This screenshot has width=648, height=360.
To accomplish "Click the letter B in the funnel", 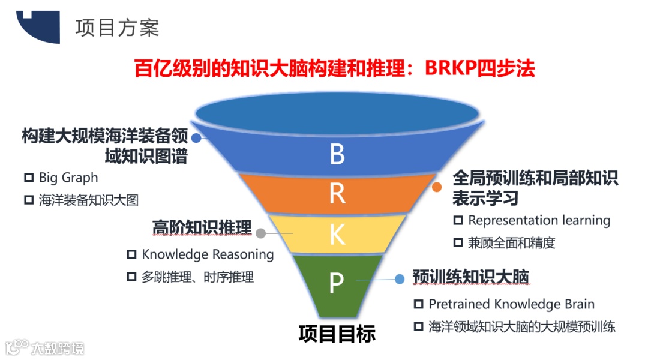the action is click(337, 154).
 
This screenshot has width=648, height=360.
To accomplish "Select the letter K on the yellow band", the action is click(337, 235).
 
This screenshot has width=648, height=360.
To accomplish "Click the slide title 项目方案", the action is click(117, 28).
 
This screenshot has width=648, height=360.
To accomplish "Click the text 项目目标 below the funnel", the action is click(337, 334).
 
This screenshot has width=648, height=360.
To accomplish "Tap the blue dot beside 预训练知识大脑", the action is click(399, 278).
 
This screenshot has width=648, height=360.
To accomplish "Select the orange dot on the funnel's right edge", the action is click(437, 187).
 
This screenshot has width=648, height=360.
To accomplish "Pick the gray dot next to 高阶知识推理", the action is click(261, 233).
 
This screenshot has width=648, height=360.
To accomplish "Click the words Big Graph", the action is click(68, 178).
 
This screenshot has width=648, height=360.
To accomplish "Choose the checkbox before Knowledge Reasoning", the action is click(131, 255).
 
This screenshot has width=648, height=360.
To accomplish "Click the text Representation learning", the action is click(539, 220).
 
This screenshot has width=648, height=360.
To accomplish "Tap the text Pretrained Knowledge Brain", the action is click(511, 304).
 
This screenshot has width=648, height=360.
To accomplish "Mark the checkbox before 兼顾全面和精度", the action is click(458, 243).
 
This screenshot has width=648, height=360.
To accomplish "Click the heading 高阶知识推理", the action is click(202, 229).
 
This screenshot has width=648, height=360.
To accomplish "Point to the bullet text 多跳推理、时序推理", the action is click(197, 277).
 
